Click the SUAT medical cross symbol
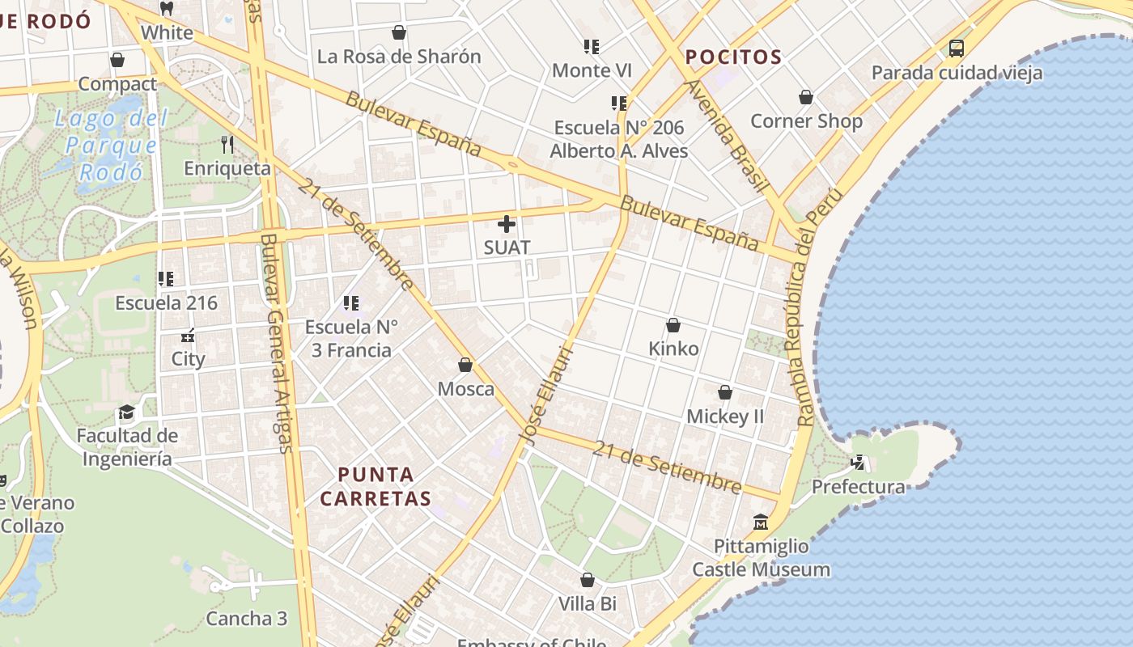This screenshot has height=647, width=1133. pyautogui.click(x=507, y=224)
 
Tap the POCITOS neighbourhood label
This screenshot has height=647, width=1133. pyautogui.click(x=733, y=57)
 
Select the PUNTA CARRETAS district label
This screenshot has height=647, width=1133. pyautogui.click(x=376, y=486)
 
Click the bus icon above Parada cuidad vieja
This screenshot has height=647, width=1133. pyautogui.click(x=957, y=49)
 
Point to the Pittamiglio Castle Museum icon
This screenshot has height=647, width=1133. pyautogui.click(x=760, y=522)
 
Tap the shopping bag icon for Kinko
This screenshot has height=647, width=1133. pyautogui.click(x=673, y=325)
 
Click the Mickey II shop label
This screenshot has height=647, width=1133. pyautogui.click(x=725, y=417)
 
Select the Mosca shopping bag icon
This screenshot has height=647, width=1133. pyautogui.click(x=465, y=365)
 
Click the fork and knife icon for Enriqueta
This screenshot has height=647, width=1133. pyautogui.click(x=227, y=145)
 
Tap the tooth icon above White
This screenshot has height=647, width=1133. pyautogui.click(x=167, y=9)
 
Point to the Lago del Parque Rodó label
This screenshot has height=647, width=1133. pyautogui.click(x=110, y=146)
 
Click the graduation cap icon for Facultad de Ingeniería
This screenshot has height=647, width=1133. pyautogui.click(x=126, y=412)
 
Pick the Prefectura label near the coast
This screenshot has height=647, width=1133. pyautogui.click(x=858, y=487)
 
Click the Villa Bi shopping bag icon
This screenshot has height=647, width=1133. pyautogui.click(x=588, y=580)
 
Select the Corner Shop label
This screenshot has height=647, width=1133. pyautogui.click(x=806, y=121)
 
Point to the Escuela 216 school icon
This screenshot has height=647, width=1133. pyautogui.click(x=166, y=279)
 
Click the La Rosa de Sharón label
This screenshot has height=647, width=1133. pyautogui.click(x=399, y=57)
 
